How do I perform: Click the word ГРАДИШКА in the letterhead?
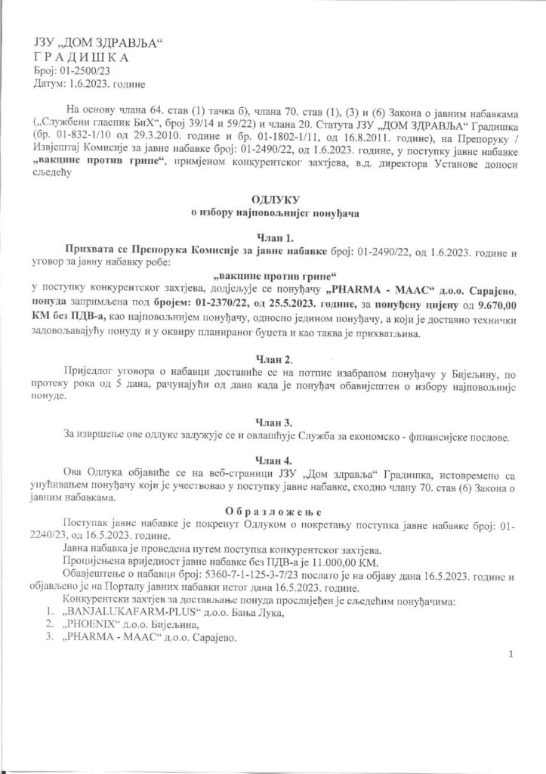(83, 57)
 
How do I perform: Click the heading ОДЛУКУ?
(274, 201)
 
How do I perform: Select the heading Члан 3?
(274, 422)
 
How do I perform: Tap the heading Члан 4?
(274, 460)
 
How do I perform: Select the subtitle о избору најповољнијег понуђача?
(274, 214)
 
